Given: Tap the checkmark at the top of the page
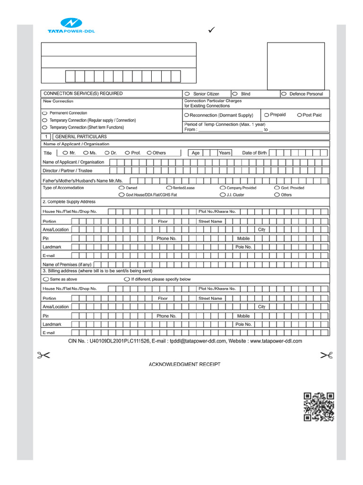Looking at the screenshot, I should click(212, 30).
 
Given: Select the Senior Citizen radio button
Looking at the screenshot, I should click(187, 94).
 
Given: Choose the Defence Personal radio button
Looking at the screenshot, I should click(284, 94).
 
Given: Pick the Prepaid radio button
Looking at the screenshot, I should click(267, 115).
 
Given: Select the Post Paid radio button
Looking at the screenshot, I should click(299, 115).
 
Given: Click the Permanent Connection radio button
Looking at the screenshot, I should click(45, 114).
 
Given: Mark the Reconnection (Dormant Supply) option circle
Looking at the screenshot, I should click(187, 115).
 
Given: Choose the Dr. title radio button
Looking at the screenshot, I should click(107, 153).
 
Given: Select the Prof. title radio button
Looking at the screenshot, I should click(128, 153).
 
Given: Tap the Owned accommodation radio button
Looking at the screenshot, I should click(121, 188).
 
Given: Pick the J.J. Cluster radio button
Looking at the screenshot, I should click(223, 195).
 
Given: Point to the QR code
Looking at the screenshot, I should click(319, 406).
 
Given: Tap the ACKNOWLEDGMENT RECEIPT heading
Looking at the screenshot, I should click(184, 364).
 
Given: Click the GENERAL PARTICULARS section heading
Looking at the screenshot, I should click(81, 136).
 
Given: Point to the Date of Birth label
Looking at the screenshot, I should click(254, 153).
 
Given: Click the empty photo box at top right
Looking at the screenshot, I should click(296, 66).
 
